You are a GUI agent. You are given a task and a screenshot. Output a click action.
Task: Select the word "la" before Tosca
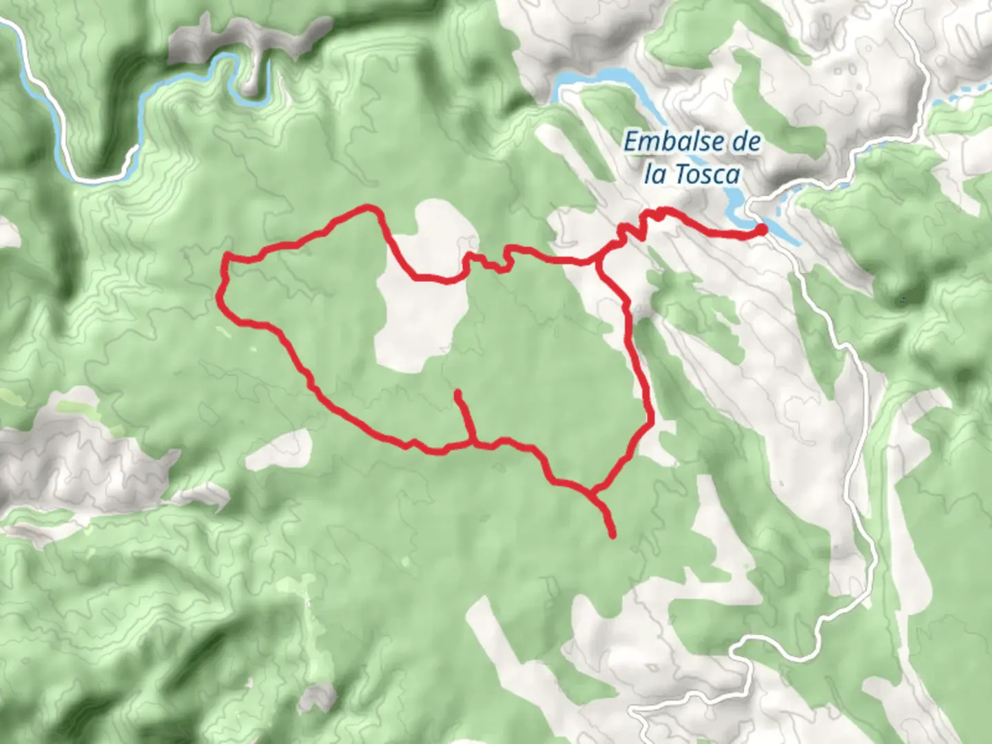[x=655, y=174]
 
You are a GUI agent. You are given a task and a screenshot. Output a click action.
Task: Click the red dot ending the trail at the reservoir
[x=762, y=229]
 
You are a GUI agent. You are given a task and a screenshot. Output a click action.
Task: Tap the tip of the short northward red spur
[x=457, y=393]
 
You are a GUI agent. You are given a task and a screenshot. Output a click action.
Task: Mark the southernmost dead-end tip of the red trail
[x=612, y=535]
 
